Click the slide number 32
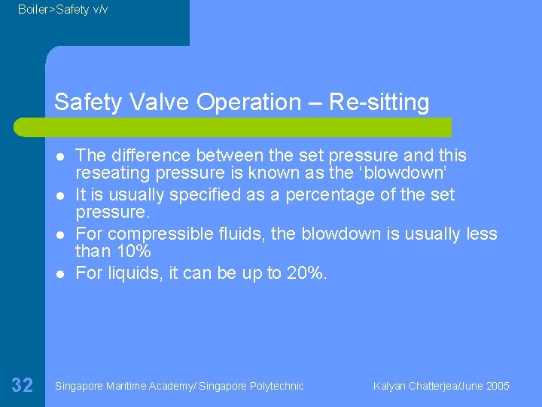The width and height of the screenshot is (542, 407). pyautogui.click(x=23, y=386)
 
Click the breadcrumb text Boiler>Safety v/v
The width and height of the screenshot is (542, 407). pyautogui.click(x=62, y=9)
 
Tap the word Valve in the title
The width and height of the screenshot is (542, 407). pyautogui.click(x=160, y=102)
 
